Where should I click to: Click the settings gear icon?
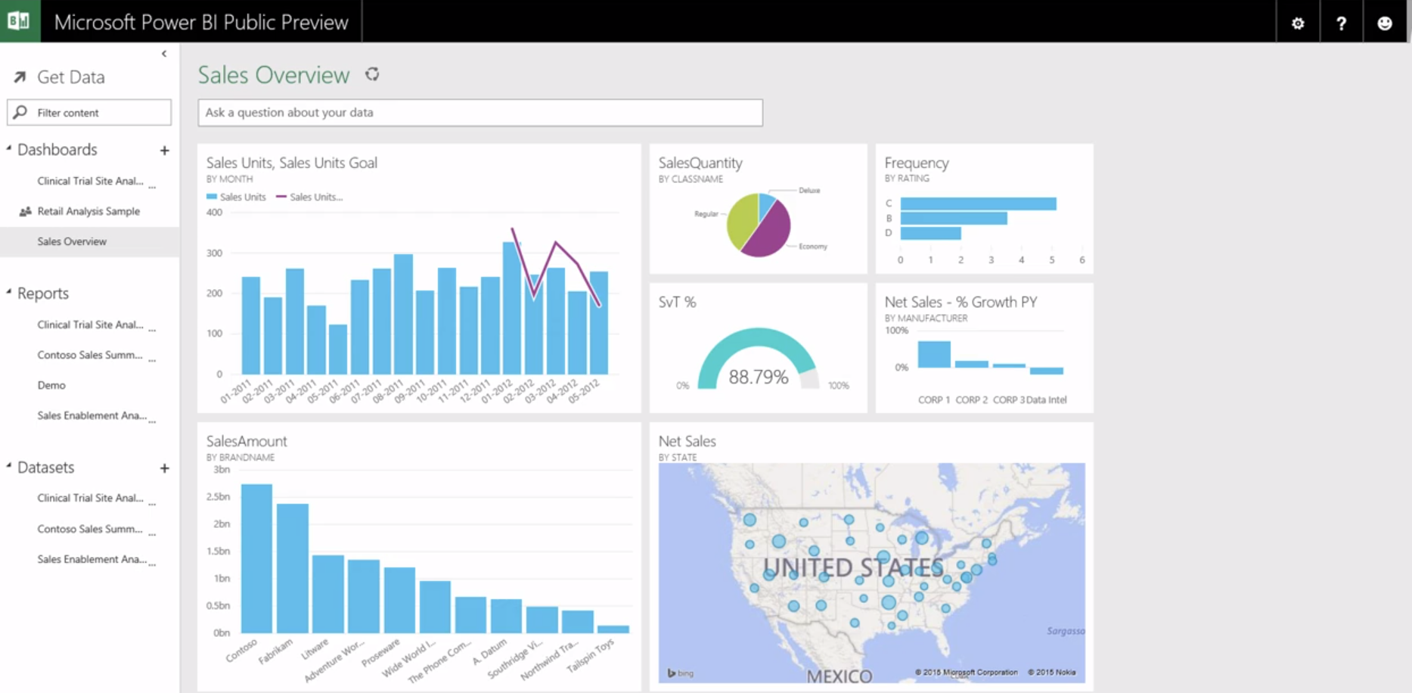(1298, 23)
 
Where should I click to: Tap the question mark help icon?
(1341, 23)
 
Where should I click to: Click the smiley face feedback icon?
(1384, 23)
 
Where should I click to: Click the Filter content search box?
(89, 113)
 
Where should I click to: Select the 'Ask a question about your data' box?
(479, 113)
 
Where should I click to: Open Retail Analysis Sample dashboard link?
(88, 211)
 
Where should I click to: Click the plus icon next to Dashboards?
(164, 151)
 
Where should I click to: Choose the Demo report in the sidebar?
(51, 385)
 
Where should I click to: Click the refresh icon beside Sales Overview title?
(372, 74)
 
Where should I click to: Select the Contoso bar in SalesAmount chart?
(256, 558)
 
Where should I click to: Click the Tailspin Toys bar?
(613, 629)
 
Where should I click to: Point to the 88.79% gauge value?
(758, 377)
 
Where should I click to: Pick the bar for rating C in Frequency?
(978, 204)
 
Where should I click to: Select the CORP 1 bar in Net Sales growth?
(933, 354)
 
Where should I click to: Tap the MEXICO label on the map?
(839, 676)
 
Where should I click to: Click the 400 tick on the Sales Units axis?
(214, 213)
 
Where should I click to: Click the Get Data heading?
(70, 77)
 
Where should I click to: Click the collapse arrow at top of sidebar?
(164, 54)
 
